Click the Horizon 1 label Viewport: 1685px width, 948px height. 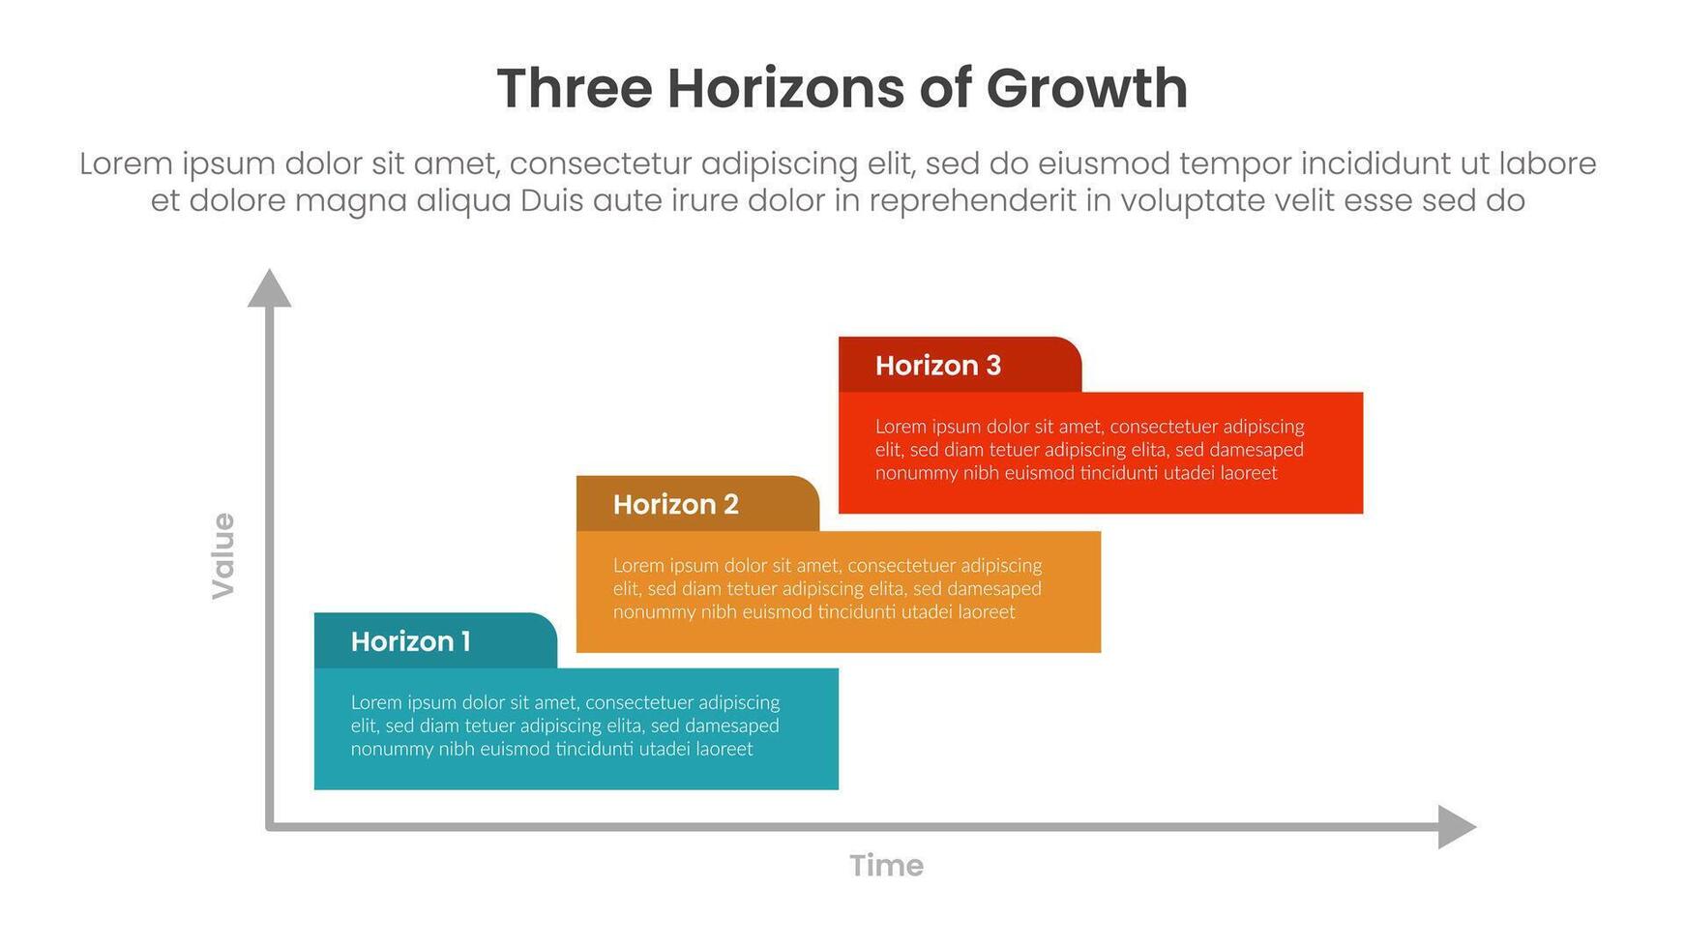(410, 641)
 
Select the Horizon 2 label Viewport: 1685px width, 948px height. (675, 504)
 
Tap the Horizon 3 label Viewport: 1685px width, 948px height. (937, 366)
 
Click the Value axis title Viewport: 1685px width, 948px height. (223, 555)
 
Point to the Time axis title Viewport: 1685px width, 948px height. (886, 865)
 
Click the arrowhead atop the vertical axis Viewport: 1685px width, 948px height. (269, 289)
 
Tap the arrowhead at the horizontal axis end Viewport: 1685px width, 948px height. (1456, 827)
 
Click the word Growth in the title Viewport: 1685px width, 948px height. (1086, 88)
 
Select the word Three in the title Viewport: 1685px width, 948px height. (575, 88)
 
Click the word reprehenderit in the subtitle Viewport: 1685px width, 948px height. (972, 201)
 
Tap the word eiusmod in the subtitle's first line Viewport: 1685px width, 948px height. (1104, 163)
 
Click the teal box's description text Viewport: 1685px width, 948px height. (565, 726)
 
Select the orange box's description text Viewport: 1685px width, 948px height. (827, 588)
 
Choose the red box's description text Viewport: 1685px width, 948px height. (1089, 450)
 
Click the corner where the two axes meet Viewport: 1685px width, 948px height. (270, 827)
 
